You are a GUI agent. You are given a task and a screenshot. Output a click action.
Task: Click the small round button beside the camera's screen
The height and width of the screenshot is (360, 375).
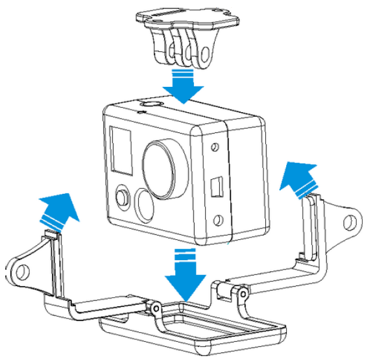(x=121, y=195)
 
